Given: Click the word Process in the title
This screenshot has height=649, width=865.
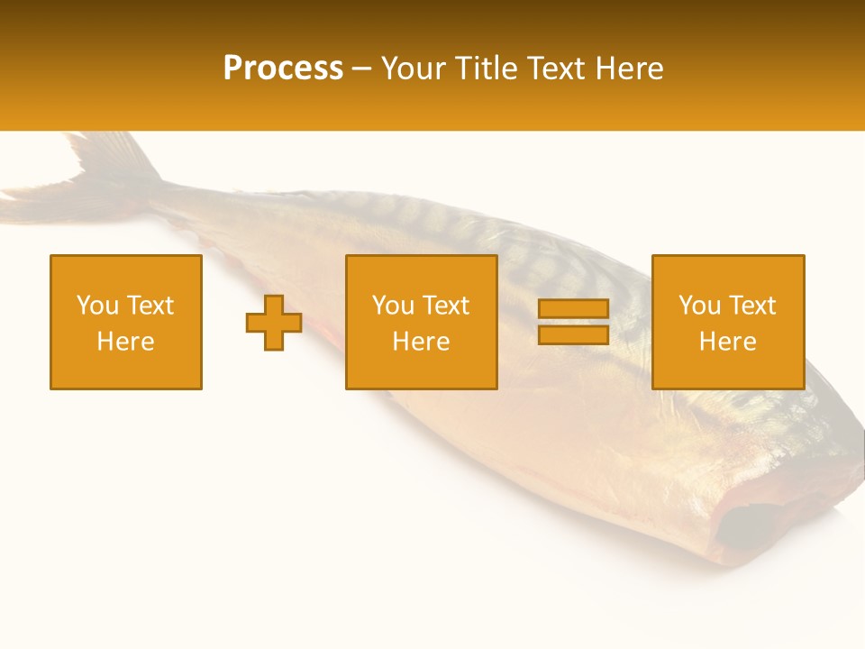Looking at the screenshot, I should [283, 69].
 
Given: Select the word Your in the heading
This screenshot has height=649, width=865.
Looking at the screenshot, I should [412, 69].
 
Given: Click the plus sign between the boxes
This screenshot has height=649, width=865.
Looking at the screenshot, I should [274, 323].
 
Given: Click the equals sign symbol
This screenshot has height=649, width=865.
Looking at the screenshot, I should [573, 323].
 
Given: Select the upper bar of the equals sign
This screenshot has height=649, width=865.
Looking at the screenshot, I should [573, 309].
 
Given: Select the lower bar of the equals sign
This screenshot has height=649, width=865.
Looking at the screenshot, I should [573, 335].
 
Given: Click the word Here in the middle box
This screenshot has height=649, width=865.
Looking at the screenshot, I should [422, 342].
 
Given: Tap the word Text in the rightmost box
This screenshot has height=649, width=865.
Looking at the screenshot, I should [752, 306].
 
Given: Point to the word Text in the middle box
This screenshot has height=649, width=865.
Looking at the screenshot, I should [446, 306].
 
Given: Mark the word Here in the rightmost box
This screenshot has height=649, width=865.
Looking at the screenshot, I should [728, 342].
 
